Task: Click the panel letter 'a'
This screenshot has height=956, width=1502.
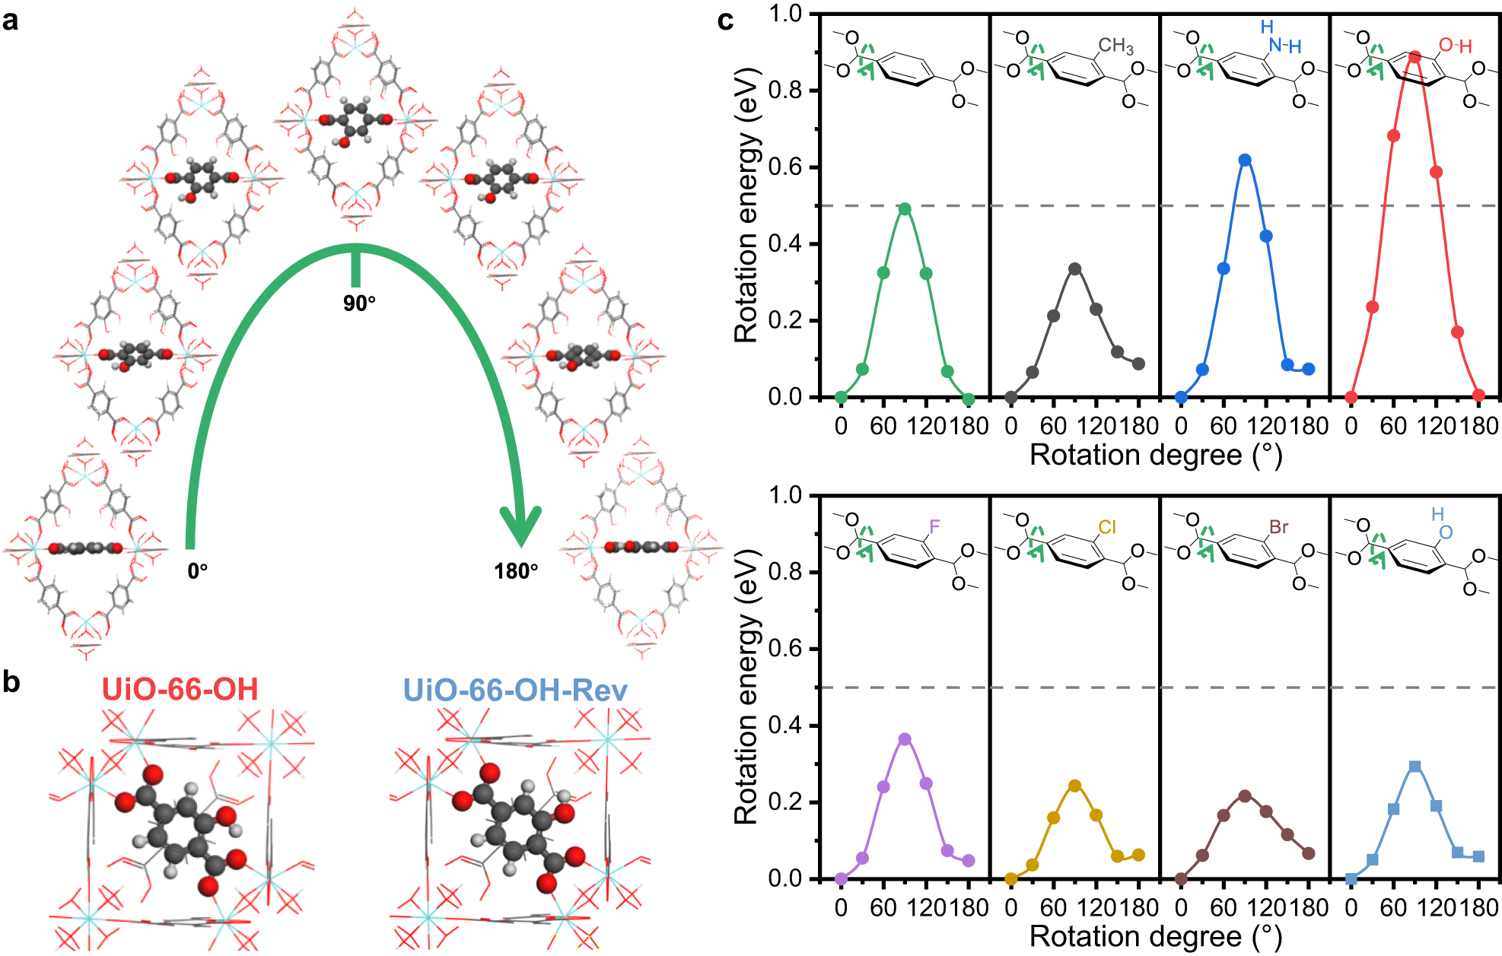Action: (11, 21)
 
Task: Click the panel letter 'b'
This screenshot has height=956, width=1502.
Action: (11, 682)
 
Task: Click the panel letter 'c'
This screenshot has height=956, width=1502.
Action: (725, 21)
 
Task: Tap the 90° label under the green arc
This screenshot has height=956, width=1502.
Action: (359, 303)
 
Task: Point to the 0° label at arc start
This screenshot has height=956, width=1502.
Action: (198, 570)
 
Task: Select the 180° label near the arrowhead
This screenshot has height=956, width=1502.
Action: (516, 570)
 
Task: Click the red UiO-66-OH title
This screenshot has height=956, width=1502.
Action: (180, 690)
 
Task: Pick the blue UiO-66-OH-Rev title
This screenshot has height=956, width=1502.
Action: (515, 690)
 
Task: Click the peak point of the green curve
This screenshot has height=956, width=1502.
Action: (905, 209)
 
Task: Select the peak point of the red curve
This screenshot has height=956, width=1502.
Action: (1414, 57)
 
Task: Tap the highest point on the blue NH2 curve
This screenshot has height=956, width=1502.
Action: (1245, 160)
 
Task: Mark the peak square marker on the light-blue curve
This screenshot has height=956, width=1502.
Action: (1414, 767)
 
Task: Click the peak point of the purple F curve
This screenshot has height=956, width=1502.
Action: (905, 739)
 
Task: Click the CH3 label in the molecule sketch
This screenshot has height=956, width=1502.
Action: (1115, 46)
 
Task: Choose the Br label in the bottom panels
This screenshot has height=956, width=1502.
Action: (1278, 527)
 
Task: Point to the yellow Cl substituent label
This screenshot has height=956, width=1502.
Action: (1107, 527)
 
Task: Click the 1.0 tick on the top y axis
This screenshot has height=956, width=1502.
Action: (784, 14)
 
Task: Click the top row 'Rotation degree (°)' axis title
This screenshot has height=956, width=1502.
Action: (1155, 455)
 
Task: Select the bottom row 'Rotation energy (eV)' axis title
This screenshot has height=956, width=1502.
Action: (746, 686)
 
